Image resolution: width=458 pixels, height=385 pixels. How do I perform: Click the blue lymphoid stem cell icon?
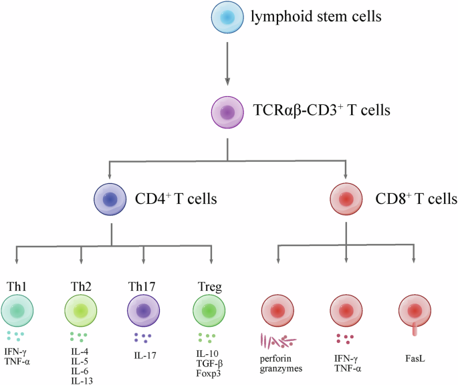point(229,18)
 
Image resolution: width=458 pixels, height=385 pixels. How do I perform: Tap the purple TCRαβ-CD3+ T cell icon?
point(229,110)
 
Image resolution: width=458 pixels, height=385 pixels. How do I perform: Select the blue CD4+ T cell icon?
point(112,199)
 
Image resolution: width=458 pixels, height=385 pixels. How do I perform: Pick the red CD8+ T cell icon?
point(346,199)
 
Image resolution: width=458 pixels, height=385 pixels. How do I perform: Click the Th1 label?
point(16,286)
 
